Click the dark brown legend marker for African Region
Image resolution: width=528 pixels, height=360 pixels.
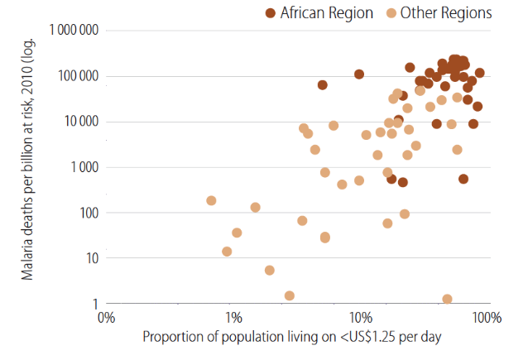click(271, 12)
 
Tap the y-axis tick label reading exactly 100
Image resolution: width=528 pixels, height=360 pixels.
click(87, 213)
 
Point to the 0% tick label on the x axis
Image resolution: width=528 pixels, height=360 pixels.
click(106, 318)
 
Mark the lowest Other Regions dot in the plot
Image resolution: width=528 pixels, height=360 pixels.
click(447, 299)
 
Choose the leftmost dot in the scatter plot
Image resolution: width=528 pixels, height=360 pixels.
click(211, 200)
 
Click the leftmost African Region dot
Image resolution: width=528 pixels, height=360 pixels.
click(322, 84)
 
